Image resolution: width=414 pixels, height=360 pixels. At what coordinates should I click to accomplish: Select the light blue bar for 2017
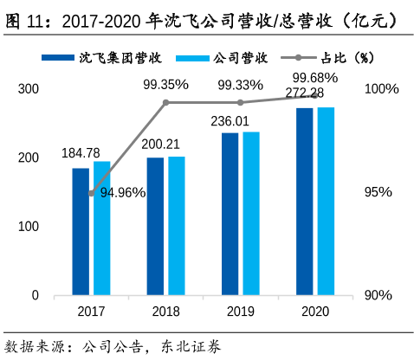point(102,228)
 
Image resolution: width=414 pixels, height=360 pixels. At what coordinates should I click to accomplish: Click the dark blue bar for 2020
point(304,201)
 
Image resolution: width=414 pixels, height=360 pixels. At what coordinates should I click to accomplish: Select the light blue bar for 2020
point(326,201)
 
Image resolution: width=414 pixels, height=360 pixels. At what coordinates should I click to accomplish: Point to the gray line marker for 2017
point(92,193)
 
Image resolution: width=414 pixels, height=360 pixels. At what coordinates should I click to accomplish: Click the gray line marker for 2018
point(166,102)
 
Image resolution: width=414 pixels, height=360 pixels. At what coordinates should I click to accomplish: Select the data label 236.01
point(230,121)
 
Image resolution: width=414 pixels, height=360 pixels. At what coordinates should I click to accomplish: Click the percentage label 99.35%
point(166,85)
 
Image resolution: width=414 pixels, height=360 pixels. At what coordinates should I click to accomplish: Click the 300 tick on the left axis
point(29,89)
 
